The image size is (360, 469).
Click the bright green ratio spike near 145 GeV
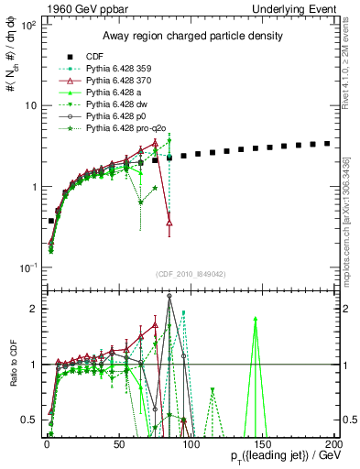click(x=256, y=319)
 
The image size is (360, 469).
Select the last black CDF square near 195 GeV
click(x=327, y=143)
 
